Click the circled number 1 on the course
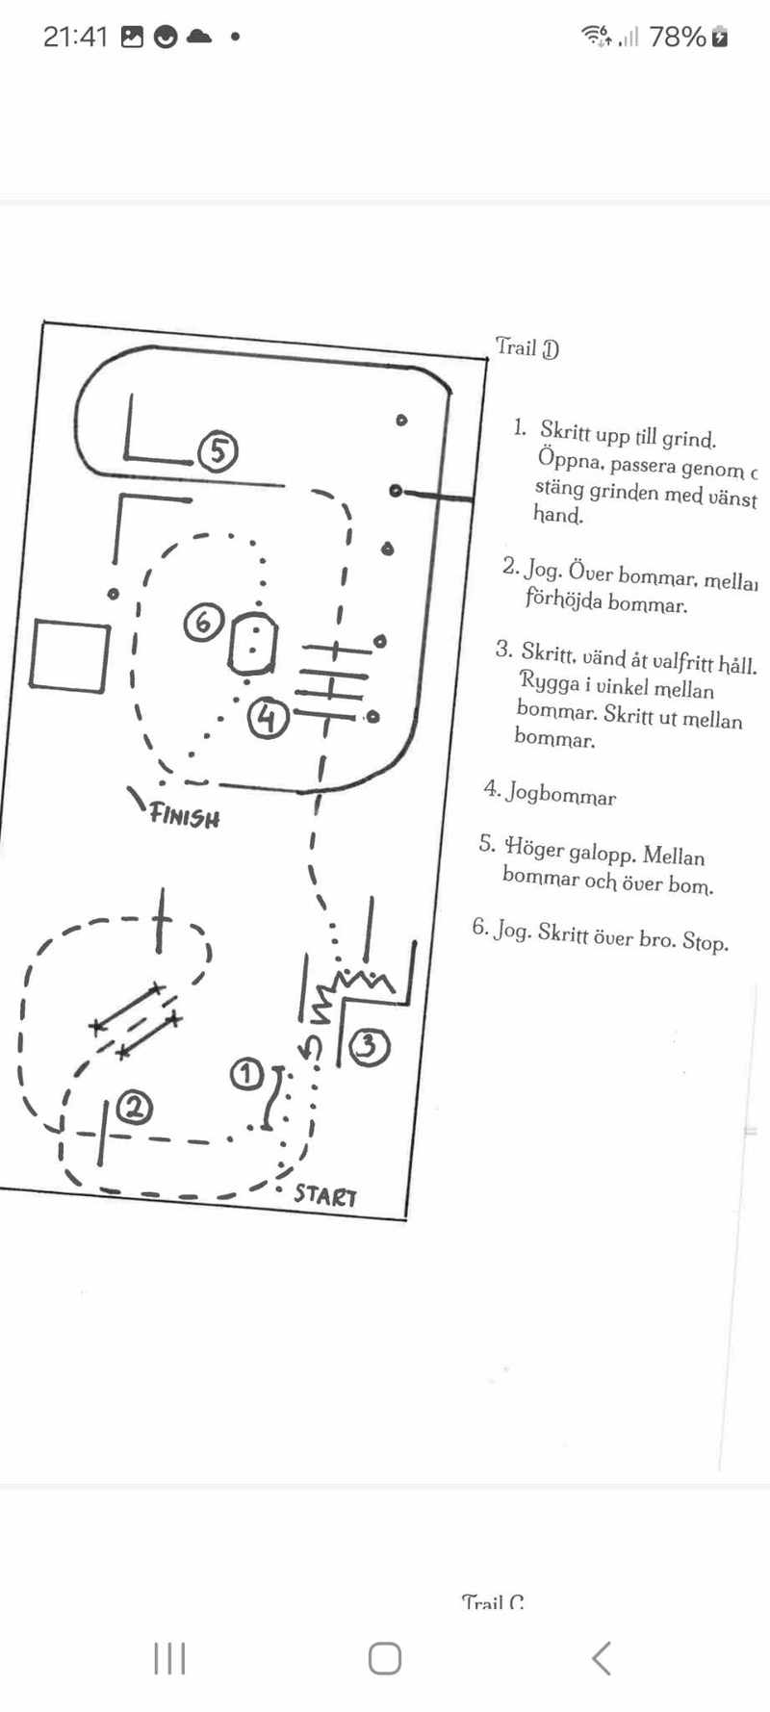tap(246, 1074)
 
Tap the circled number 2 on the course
tap(135, 1109)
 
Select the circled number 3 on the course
tap(369, 1047)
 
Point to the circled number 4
tap(268, 718)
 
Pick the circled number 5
tap(218, 450)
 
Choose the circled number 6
tap(203, 623)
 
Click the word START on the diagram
tap(325, 1195)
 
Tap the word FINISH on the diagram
tap(184, 817)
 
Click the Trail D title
tap(526, 347)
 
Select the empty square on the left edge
tap(68, 655)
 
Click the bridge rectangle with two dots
tap(252, 643)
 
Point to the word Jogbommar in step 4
tap(561, 795)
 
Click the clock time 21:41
tap(75, 37)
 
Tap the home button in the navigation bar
tap(385, 1658)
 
